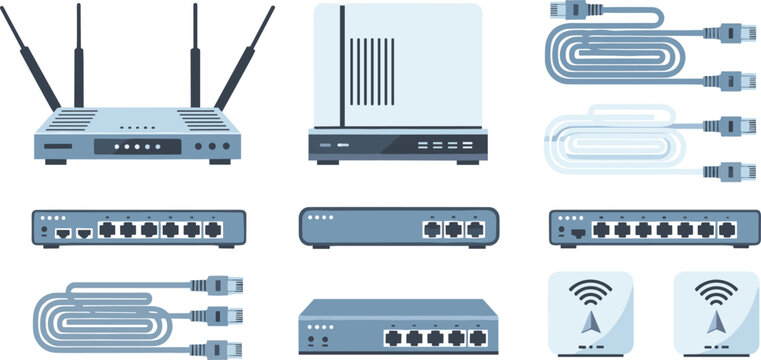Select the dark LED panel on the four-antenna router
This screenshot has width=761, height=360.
138,146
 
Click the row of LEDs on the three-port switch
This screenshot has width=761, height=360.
319,217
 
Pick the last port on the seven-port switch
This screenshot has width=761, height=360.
726,230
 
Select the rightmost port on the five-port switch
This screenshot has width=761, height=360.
479,339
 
